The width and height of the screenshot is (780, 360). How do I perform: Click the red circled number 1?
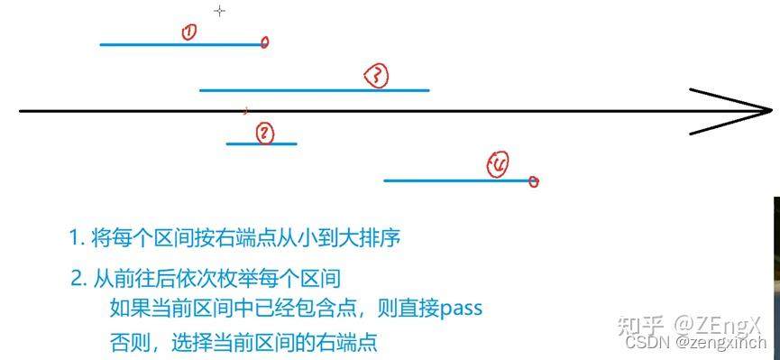coord(188,32)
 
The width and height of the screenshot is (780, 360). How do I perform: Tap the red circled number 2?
coord(263,134)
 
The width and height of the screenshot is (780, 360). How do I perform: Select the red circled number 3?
coord(376,77)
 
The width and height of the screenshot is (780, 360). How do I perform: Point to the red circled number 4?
coord(498,164)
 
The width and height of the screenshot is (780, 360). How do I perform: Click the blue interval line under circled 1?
coord(180,43)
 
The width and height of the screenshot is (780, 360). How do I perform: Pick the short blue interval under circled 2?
coord(261,143)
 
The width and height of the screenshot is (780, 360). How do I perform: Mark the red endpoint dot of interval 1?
coord(264,42)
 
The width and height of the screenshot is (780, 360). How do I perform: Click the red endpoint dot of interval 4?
coord(534,181)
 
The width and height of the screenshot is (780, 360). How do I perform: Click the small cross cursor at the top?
coord(219,11)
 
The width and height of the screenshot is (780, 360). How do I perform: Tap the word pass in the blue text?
coord(462,309)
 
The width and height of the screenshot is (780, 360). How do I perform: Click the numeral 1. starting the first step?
coord(76,239)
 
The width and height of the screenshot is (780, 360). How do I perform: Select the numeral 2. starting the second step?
coord(78,278)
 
